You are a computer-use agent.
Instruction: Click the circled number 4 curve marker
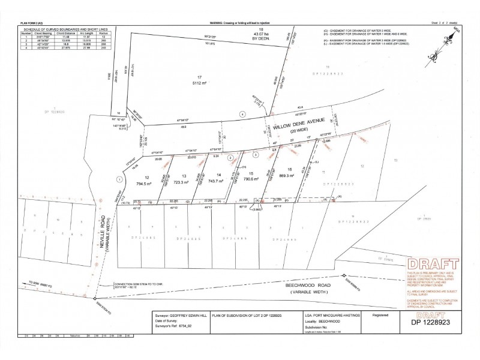(x=242, y=114)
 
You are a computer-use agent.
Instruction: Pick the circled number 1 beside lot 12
(x=119, y=178)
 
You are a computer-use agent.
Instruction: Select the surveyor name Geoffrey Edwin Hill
(x=183, y=313)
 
